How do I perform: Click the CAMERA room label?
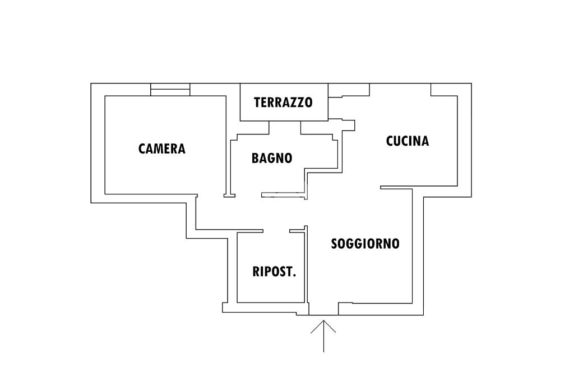161,148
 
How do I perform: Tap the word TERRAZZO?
283,103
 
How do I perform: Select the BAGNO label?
272,158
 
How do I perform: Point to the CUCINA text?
408,141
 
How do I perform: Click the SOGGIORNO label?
365,244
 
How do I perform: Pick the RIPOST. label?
274,272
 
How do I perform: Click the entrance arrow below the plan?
323,336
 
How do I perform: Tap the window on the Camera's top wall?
170,90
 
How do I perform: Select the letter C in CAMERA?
142,148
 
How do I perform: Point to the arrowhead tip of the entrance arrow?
323,321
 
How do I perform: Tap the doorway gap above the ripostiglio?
276,230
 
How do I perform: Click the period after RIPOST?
294,276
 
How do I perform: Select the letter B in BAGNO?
255,158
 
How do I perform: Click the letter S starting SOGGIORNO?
335,244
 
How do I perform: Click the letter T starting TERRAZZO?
257,103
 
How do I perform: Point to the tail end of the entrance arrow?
323,351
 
